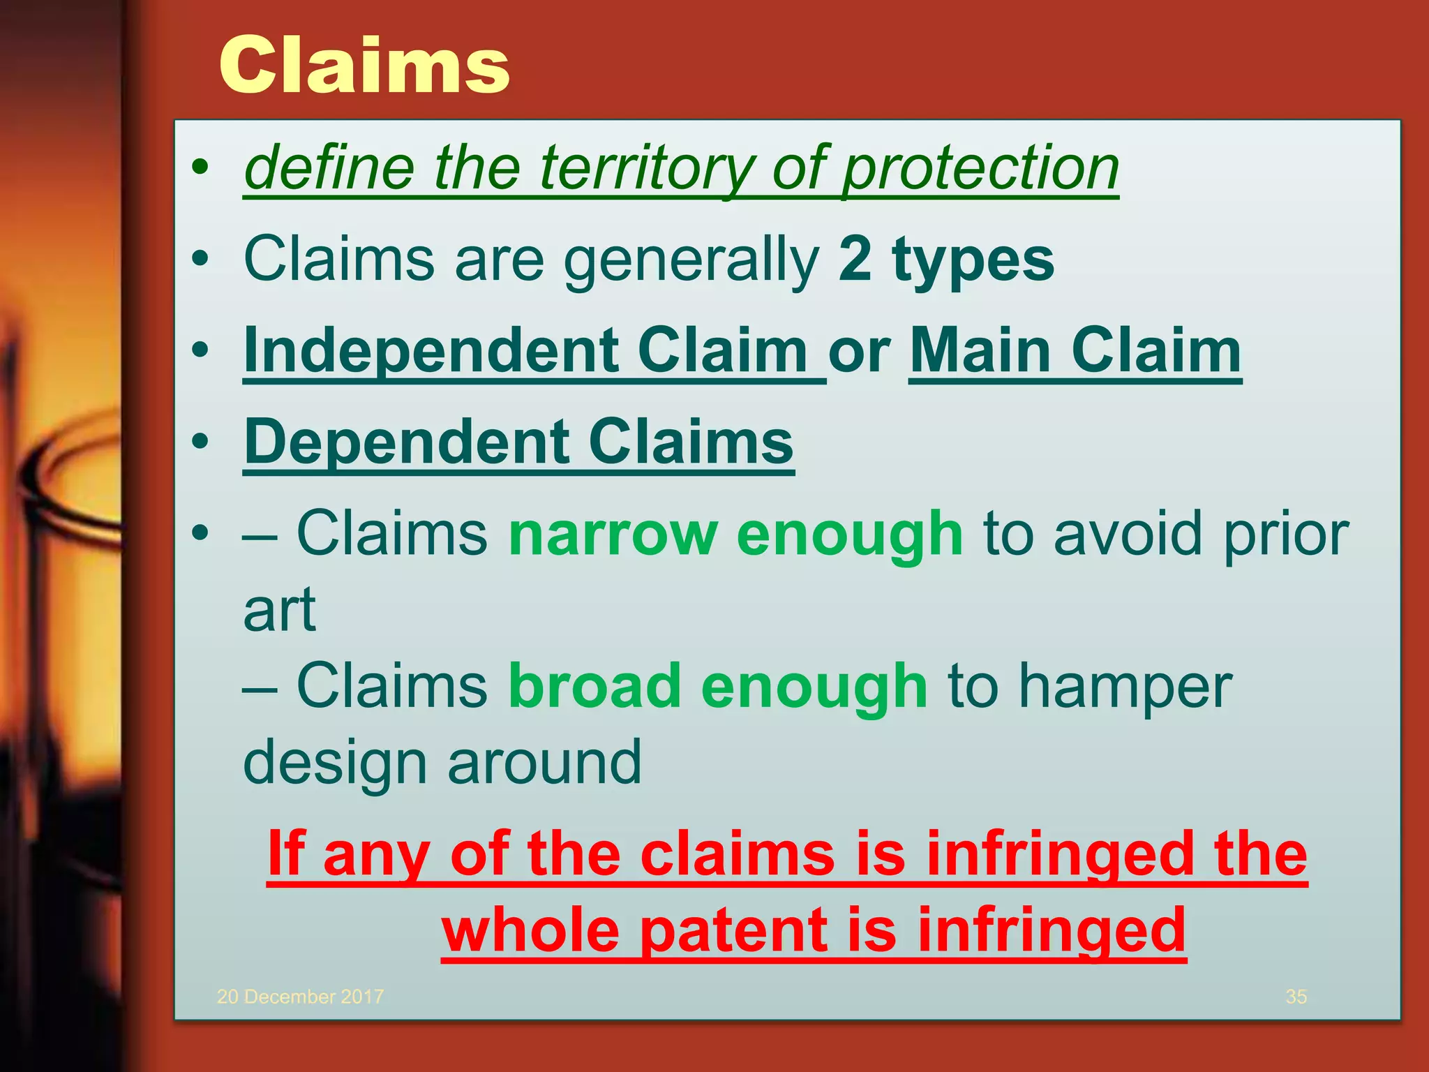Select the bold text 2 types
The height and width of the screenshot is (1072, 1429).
point(945,259)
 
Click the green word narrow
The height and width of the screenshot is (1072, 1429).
point(613,533)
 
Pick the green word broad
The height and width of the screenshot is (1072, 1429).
point(594,686)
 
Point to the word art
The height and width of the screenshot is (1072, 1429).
point(279,610)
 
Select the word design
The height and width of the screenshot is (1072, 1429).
point(334,764)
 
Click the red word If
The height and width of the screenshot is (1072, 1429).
point(286,854)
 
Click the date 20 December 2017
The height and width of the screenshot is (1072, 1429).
point(300,997)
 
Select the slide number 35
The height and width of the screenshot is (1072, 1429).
point(1296,997)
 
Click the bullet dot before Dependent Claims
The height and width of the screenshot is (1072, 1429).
point(200,442)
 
